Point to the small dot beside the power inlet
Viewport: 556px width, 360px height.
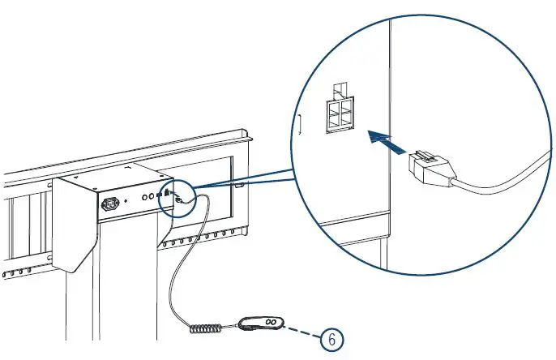(130, 200)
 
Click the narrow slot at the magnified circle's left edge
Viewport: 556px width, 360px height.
(299, 125)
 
